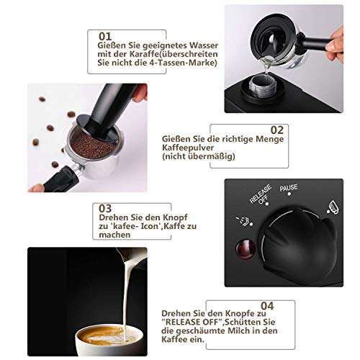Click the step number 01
(105, 37)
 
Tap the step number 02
(277, 130)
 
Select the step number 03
(105, 209)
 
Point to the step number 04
(267, 306)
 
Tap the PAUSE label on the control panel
(289, 188)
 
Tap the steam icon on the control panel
(243, 221)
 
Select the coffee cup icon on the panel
(333, 207)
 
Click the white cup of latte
(109, 341)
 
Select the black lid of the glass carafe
(273, 41)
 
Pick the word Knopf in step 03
(176, 218)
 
